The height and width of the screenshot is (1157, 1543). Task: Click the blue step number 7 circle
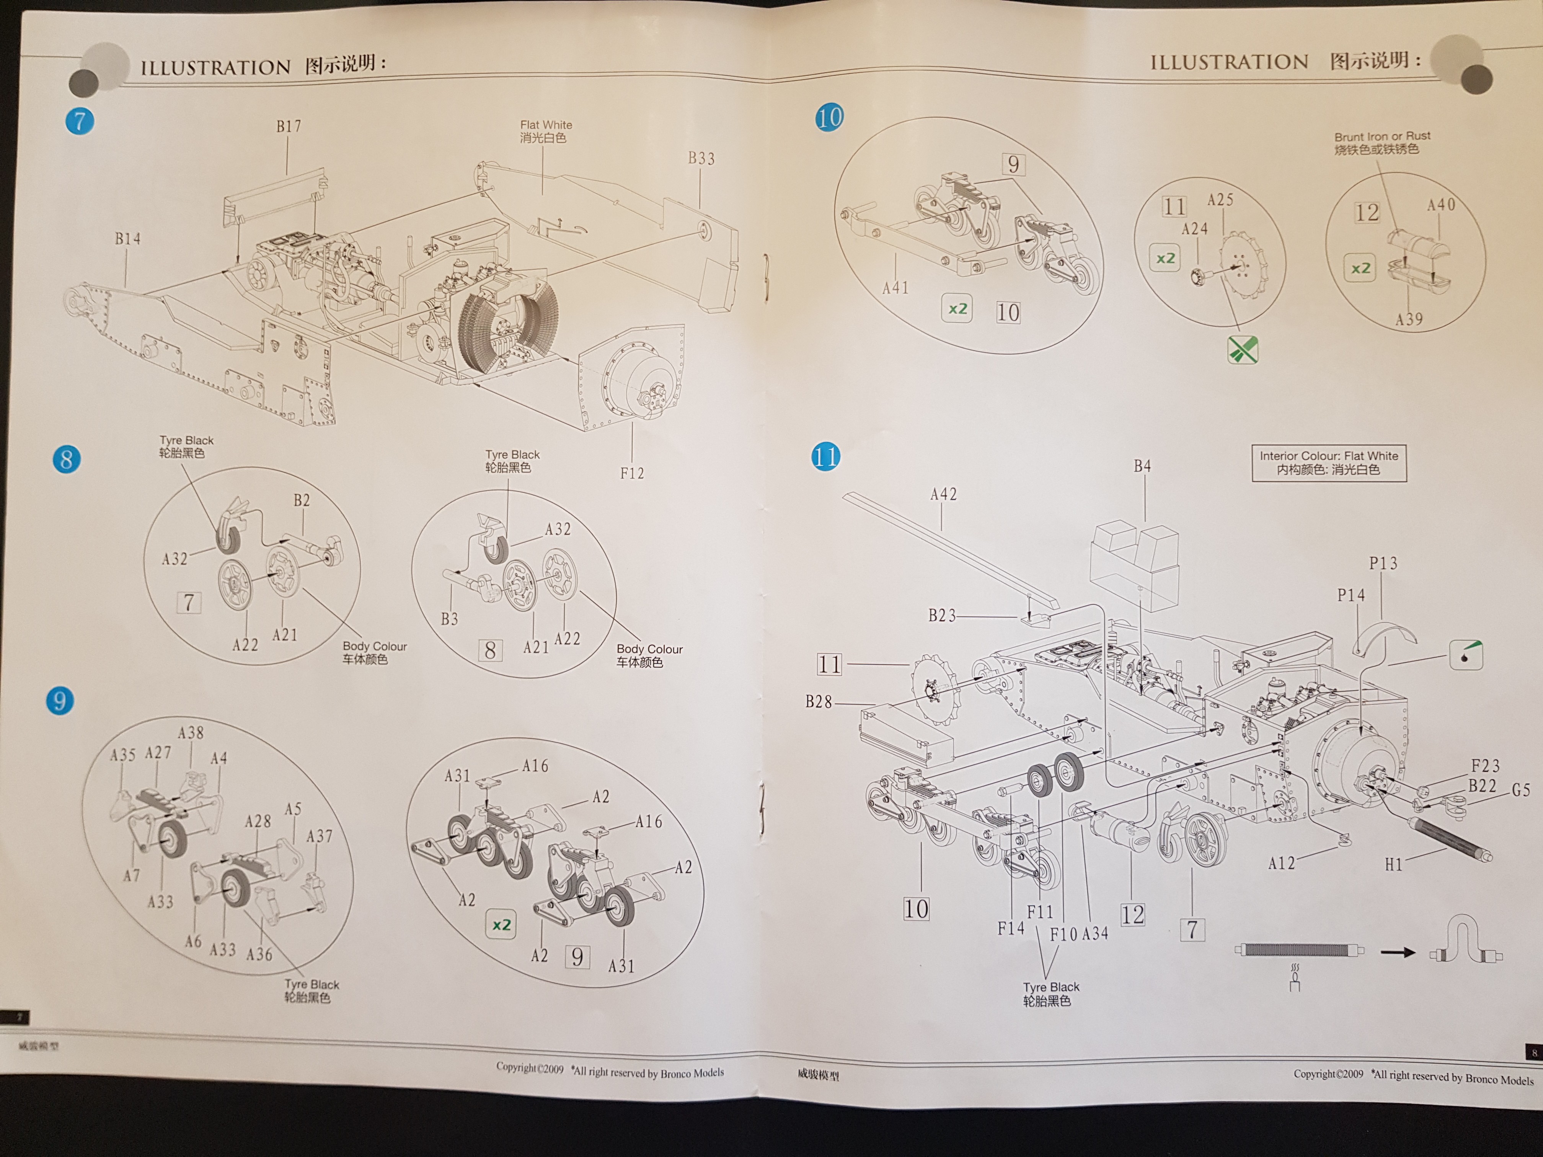pyautogui.click(x=80, y=121)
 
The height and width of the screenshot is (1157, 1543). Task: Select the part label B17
pyautogui.click(x=289, y=126)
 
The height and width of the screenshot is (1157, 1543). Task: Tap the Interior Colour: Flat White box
pyautogui.click(x=1328, y=463)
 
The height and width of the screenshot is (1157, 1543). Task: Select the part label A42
pyautogui.click(x=943, y=494)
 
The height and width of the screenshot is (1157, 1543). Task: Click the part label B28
pyautogui.click(x=819, y=702)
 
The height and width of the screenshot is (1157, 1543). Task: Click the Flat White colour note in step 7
pyautogui.click(x=545, y=131)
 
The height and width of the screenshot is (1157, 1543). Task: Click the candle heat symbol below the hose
pyautogui.click(x=1295, y=978)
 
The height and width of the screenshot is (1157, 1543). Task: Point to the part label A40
pyautogui.click(x=1440, y=205)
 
